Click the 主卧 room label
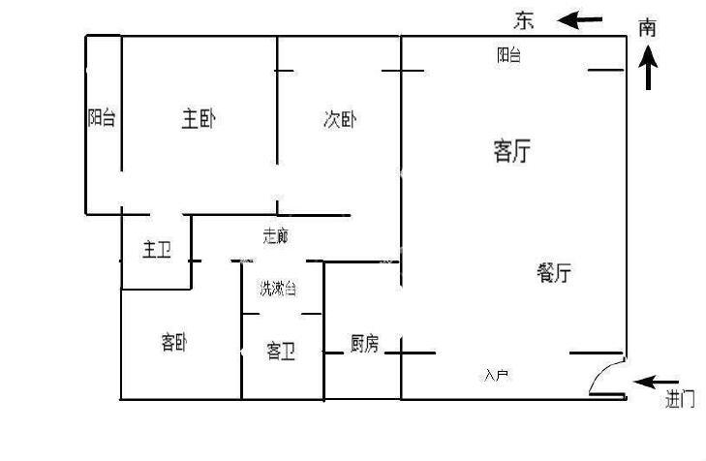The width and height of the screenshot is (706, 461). click(199, 119)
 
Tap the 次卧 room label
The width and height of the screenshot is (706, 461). click(340, 120)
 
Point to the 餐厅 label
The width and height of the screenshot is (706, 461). click(553, 274)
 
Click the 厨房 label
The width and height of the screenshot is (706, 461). click(364, 343)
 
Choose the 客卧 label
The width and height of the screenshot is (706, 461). click(173, 342)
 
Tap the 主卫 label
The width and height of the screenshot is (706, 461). click(156, 251)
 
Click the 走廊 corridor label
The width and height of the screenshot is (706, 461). click(276, 235)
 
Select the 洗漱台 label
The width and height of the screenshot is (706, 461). click(277, 289)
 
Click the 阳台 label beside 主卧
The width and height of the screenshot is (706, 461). click(102, 118)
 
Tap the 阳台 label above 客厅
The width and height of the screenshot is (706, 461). click(508, 56)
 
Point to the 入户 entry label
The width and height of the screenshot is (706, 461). click(496, 374)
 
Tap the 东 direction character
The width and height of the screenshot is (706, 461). click(524, 19)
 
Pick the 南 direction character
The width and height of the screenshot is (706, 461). click(648, 27)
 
